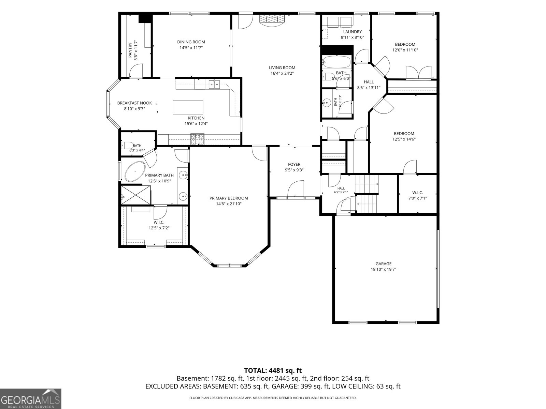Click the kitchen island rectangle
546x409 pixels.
(188, 107)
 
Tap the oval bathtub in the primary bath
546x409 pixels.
(135, 171)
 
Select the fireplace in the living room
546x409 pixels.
(272, 20)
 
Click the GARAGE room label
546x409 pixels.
(383, 264)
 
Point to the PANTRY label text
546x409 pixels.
(130, 50)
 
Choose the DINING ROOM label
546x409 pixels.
(191, 42)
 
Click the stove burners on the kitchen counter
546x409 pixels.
(197, 139)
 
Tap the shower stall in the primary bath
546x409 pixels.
(136, 195)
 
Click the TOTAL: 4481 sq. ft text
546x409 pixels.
(273, 370)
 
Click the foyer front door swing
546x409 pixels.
(296, 190)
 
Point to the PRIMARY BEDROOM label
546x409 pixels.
(229, 198)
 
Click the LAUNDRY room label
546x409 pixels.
(352, 32)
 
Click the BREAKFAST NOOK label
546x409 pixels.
(134, 103)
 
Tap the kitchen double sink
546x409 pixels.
(214, 85)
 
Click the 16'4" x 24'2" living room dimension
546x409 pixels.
(282, 73)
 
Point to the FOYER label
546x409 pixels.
(294, 164)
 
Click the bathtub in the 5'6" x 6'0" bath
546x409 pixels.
(336, 62)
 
